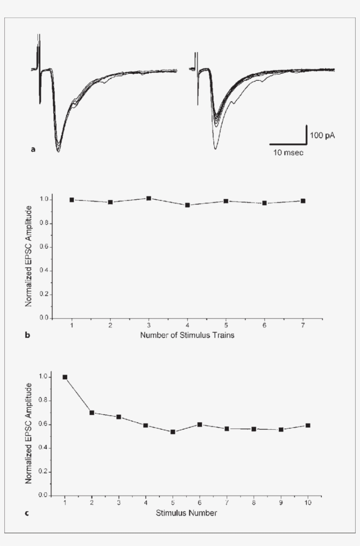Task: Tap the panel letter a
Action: point(33,150)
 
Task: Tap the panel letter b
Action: point(27,336)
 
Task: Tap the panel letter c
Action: point(27,513)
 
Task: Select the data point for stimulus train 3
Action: point(149,198)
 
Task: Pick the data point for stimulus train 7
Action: point(303,201)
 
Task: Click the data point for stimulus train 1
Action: point(72,200)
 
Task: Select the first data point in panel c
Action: point(65,377)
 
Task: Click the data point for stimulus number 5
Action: point(173,432)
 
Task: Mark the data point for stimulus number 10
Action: point(308,425)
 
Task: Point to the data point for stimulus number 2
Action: point(92,413)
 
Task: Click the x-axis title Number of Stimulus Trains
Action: point(187,336)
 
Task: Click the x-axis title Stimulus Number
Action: point(187,513)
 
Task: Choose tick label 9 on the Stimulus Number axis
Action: point(281,503)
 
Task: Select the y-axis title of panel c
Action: point(29,433)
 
